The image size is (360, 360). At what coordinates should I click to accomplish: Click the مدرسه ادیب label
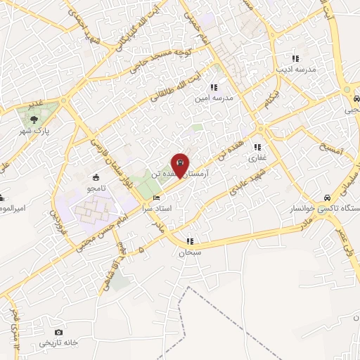(x=296, y=70)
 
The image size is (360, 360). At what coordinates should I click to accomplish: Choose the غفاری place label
(x=257, y=158)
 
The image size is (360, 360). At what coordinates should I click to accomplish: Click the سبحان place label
(x=190, y=252)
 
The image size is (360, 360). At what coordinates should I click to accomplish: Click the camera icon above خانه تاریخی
(x=58, y=332)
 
